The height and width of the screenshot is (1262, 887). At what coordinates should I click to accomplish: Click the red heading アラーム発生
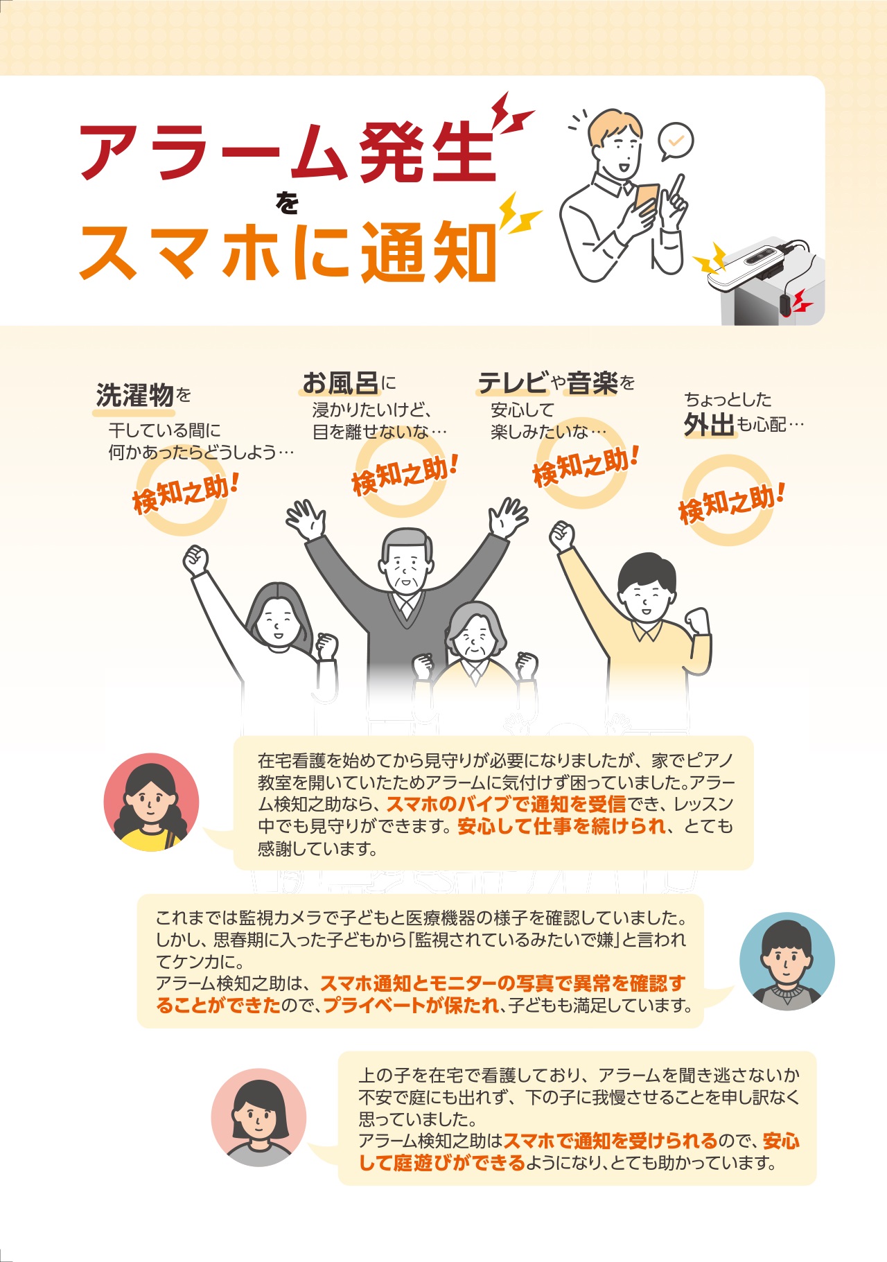(288, 152)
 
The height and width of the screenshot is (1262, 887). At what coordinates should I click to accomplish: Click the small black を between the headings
(287, 203)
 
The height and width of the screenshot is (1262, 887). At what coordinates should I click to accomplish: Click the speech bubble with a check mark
(675, 141)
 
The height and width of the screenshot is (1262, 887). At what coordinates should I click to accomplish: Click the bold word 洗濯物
(134, 395)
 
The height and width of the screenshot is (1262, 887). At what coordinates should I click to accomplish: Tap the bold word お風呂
(340, 383)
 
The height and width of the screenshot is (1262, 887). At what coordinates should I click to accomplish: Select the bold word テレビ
(513, 383)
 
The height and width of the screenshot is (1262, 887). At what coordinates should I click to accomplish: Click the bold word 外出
(709, 424)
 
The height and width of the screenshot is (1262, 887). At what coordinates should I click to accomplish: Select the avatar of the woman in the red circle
(152, 802)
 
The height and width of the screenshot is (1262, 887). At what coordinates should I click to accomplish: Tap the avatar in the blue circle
(787, 961)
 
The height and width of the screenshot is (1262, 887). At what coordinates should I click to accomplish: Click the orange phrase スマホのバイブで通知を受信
(506, 804)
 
